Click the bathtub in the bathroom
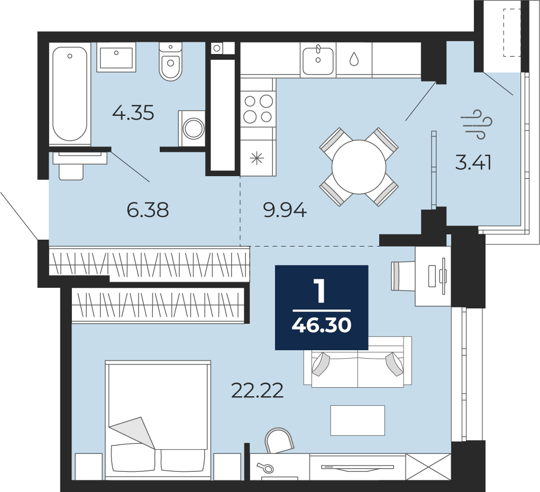coord(70,94)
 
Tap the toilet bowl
coord(170,62)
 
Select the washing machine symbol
coord(192,128)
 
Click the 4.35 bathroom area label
coord(133,113)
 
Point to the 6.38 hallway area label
coord(148,210)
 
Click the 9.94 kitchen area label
coord(285,210)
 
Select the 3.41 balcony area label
coord(473,162)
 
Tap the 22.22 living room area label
coord(257,390)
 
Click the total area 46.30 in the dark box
coord(322,324)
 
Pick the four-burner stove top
coord(258,109)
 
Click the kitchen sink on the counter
coord(318,59)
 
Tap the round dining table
coord(359,167)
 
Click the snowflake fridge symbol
coord(257,159)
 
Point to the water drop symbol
coord(354,59)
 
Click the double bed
coord(158,420)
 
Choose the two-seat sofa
coord(358,362)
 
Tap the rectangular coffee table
coord(358,421)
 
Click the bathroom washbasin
coord(116,57)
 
